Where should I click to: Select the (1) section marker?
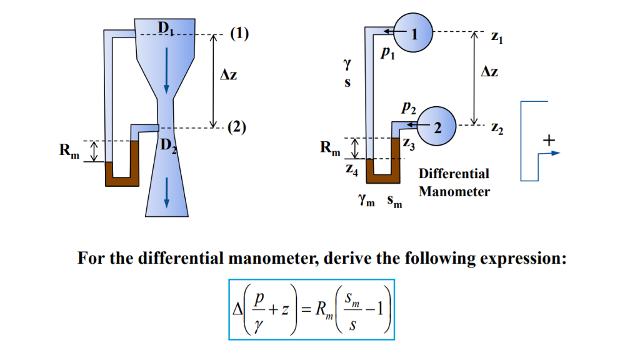(x=239, y=34)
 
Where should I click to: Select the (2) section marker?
(x=237, y=127)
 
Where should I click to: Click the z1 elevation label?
(x=497, y=37)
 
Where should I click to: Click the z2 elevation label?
(x=497, y=129)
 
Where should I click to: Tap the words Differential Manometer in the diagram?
(x=454, y=182)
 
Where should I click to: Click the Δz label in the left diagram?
(x=229, y=76)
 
